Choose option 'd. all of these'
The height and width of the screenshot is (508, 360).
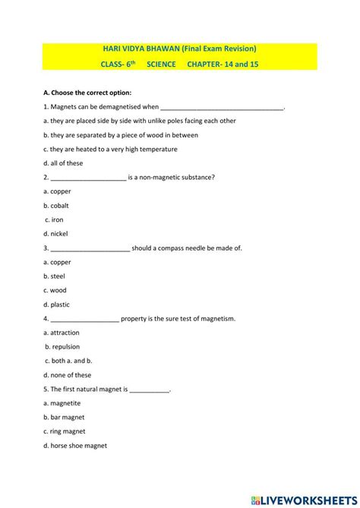coord(63,163)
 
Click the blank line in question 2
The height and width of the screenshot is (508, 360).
coord(88,178)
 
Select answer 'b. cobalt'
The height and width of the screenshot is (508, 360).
coord(58,206)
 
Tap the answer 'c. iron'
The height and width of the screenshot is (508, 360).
coord(53,219)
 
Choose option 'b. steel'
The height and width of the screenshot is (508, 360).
coord(55,276)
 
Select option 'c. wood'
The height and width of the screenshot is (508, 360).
coord(55,290)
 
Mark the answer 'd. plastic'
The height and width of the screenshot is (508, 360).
coord(57,304)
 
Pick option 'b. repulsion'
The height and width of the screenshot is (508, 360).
coord(62,347)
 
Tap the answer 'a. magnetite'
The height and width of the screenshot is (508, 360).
coord(62,403)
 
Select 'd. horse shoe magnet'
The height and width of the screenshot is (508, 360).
coord(75,446)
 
